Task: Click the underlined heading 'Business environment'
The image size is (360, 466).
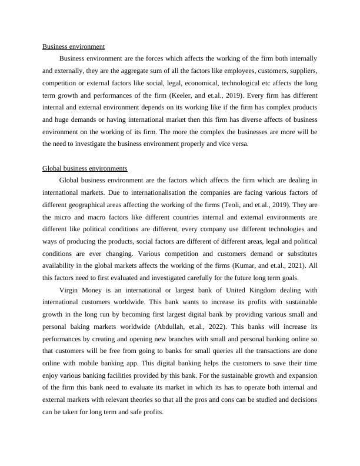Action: tap(74, 46)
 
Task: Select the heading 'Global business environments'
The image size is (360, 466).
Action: tap(85, 168)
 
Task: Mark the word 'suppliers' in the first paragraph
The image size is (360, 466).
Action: tap(304, 71)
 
